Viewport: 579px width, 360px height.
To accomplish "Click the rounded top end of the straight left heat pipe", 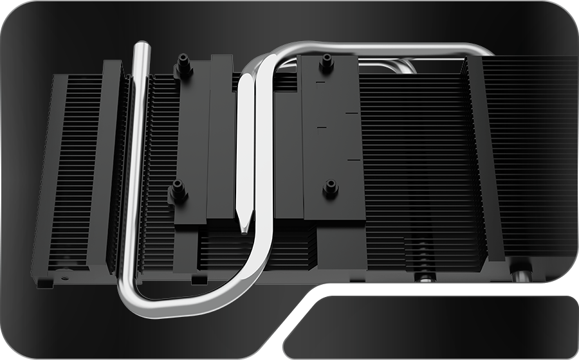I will pyautogui.click(x=141, y=47).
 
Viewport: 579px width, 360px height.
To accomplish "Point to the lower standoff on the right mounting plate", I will pyautogui.click(x=331, y=188).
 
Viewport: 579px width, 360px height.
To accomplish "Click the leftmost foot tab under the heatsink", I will pyautogui.click(x=44, y=281).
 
